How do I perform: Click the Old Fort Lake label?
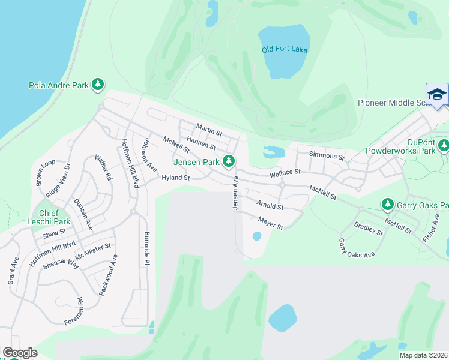coord(285,49)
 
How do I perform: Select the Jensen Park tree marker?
coord(228,161)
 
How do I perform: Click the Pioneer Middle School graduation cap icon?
coord(437,94)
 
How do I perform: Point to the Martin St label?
coord(209,128)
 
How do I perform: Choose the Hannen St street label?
coord(201,143)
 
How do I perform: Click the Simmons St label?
coord(327,157)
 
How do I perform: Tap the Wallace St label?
coord(285,173)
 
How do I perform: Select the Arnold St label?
coord(270,205)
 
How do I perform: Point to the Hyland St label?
coord(175,178)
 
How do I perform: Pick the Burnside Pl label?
coord(146,248)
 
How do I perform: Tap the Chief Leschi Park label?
coord(55,217)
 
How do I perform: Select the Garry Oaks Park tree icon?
coord(388,205)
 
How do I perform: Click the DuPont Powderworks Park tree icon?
coord(444,145)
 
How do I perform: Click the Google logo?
coord(20,353)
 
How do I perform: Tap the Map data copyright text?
coord(424,355)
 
